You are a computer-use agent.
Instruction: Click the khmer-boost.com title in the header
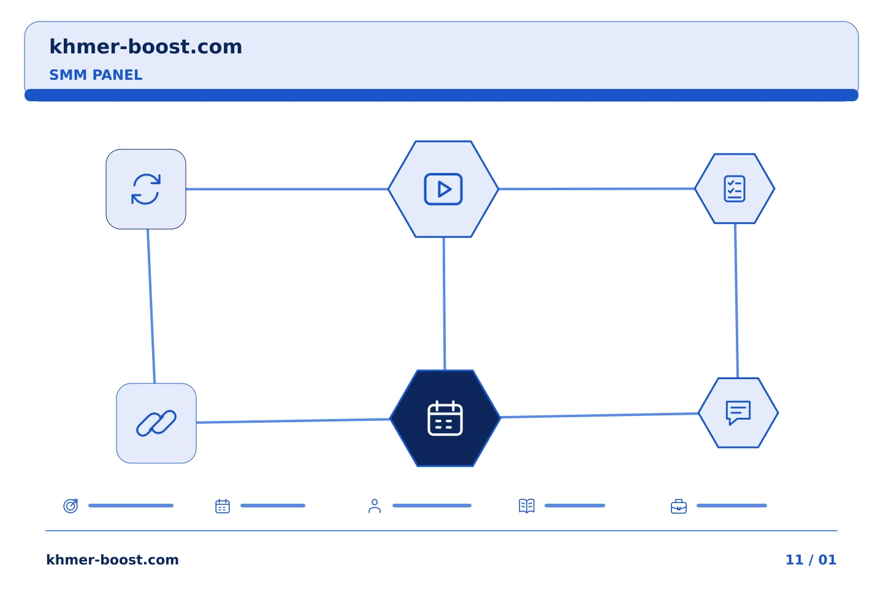[145, 47]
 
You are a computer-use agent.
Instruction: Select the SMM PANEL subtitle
[96, 75]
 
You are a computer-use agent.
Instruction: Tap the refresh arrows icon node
[146, 190]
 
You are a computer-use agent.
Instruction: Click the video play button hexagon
[443, 190]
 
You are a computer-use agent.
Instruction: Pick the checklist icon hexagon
[735, 188]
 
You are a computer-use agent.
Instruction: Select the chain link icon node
[156, 423]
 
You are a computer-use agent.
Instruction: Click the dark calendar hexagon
[445, 418]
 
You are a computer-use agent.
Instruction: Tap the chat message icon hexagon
[738, 413]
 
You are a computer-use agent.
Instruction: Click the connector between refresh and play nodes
[287, 190]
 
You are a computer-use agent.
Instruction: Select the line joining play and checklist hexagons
[597, 189]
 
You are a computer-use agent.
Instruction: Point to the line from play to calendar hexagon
[444, 304]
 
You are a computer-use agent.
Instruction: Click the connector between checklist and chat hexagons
[736, 301]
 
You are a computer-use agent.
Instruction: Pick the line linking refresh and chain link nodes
[151, 306]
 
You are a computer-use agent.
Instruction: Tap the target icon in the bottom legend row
[71, 506]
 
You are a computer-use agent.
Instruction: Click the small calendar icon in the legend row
[223, 506]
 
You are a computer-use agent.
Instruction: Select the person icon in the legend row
[375, 506]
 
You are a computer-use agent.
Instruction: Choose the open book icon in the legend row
[527, 506]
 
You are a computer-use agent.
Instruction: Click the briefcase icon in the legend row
[679, 507]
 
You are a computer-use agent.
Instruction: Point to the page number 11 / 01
[811, 560]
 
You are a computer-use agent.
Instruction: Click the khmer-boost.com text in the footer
[112, 560]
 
